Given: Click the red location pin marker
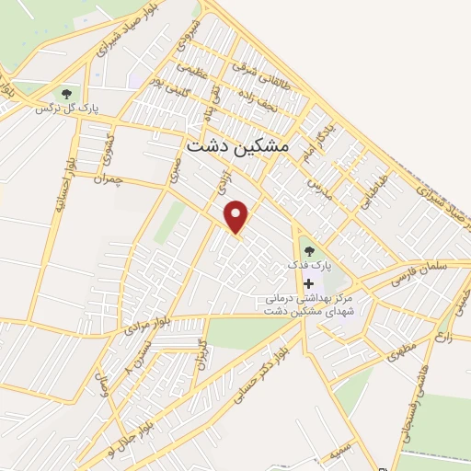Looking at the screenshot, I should click(x=238, y=216).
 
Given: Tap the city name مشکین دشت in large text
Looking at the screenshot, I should click(x=236, y=145).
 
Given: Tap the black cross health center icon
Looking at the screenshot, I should click(x=308, y=283).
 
